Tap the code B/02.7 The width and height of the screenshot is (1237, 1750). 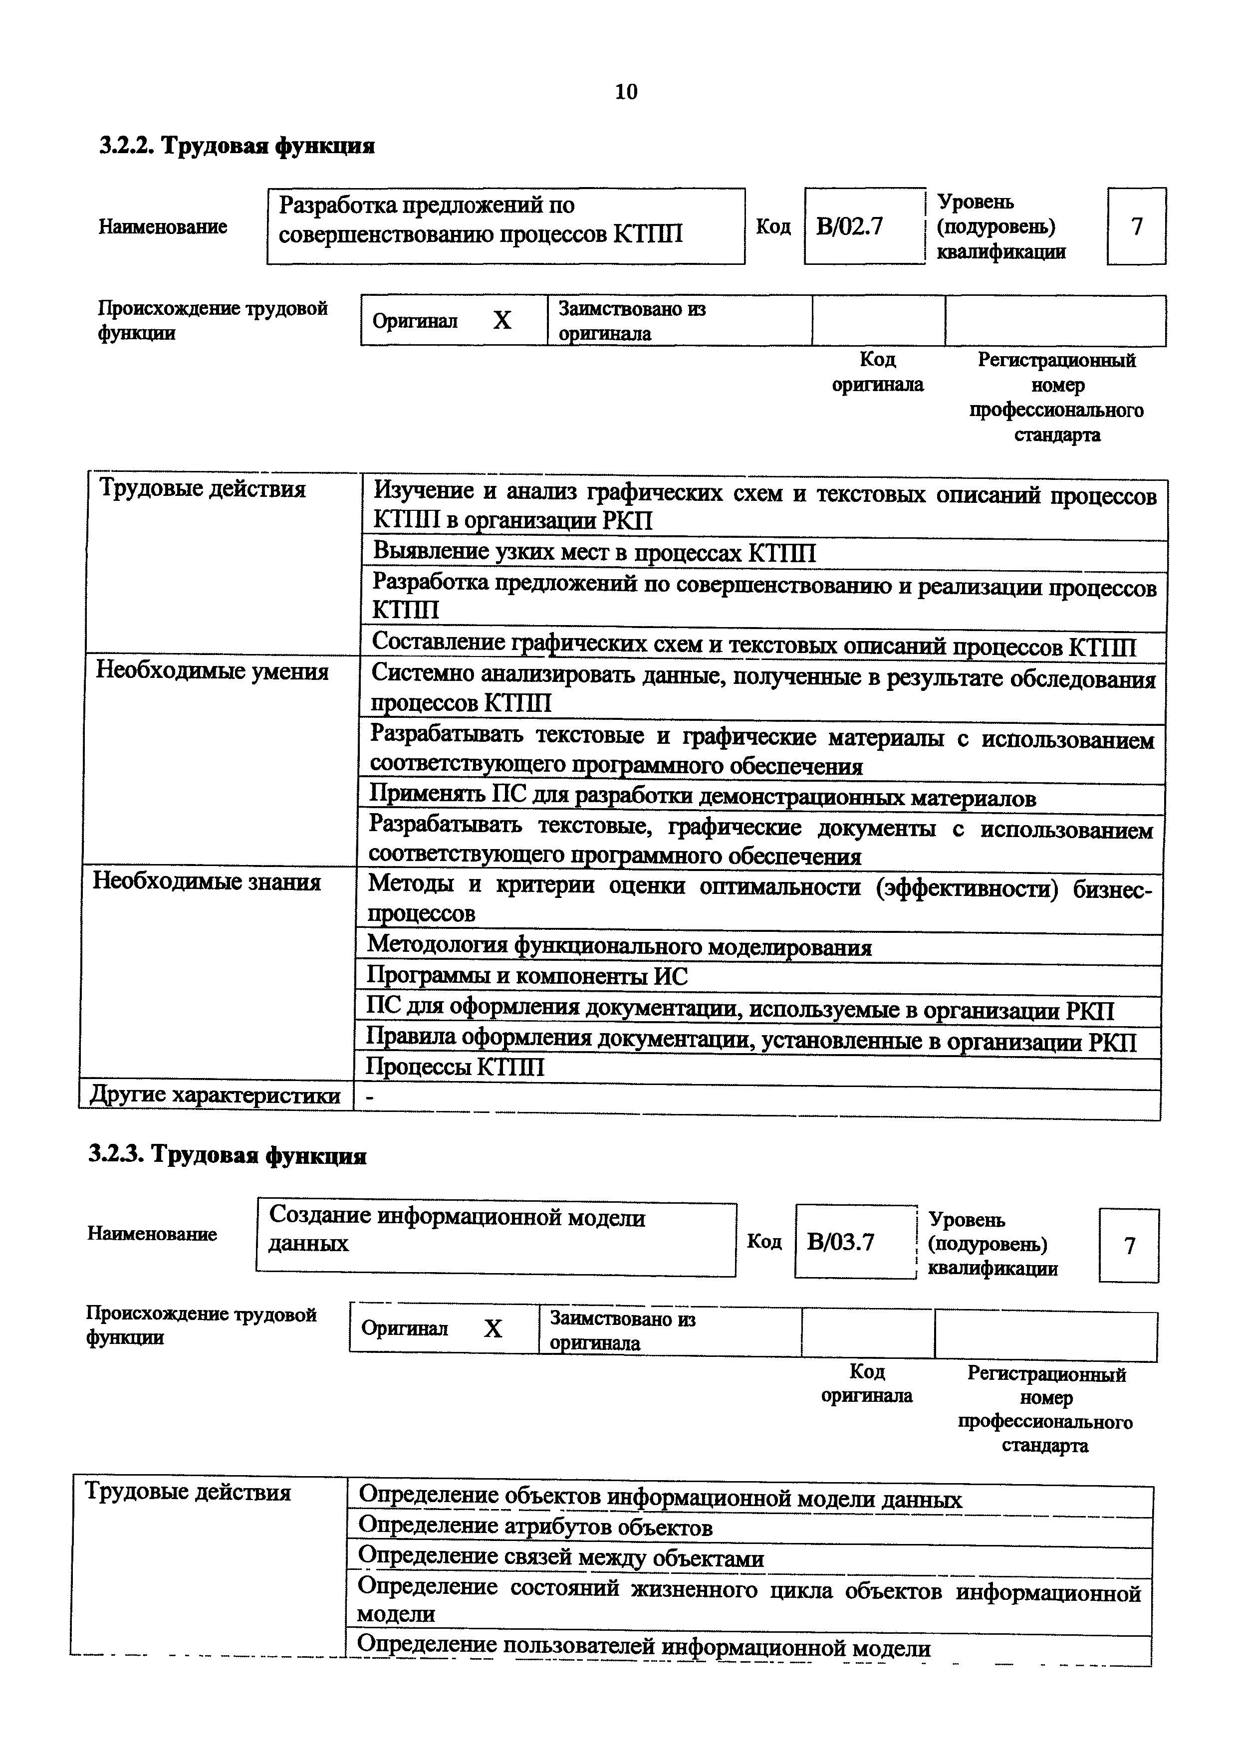pos(849,226)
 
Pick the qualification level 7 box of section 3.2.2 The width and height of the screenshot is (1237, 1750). pos(1136,226)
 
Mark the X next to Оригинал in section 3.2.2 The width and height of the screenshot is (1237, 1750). pos(501,321)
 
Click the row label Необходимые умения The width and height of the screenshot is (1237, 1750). pos(212,671)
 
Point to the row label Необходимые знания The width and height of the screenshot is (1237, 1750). pos(207,882)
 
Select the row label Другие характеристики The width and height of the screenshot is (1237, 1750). pos(215,1095)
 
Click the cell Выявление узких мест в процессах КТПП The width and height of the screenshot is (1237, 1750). pos(594,553)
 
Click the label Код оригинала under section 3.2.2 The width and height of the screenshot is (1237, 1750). pos(877,372)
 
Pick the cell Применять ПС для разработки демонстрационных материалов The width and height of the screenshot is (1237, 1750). pos(702,798)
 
